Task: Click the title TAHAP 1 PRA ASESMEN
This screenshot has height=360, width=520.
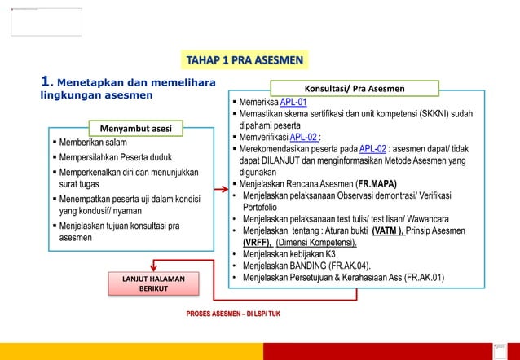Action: tap(245, 60)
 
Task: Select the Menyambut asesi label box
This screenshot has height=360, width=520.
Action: tap(136, 128)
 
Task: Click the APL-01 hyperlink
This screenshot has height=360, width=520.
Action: tap(293, 102)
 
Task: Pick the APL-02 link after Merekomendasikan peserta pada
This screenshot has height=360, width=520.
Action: tap(373, 149)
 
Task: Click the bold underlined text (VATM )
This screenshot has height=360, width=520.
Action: tap(392, 230)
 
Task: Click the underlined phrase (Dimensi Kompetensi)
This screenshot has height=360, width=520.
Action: tap(316, 243)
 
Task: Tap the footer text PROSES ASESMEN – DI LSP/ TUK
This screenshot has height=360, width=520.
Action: tap(234, 313)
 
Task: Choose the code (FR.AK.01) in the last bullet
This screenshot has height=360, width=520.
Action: tap(423, 277)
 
